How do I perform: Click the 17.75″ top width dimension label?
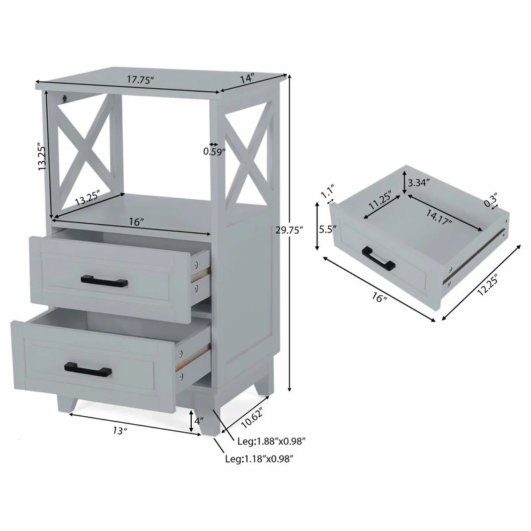pyautogui.click(x=141, y=80)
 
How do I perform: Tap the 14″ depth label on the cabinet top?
pyautogui.click(x=247, y=78)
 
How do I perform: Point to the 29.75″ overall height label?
pyautogui.click(x=289, y=230)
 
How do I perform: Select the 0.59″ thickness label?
pyautogui.click(x=214, y=151)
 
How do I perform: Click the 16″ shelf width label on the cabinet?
pyautogui.click(x=137, y=222)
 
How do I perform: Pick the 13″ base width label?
pyautogui.click(x=119, y=431)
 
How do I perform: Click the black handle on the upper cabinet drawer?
pyautogui.click(x=104, y=280)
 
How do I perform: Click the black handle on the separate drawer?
pyautogui.click(x=379, y=258)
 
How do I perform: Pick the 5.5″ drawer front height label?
pyautogui.click(x=327, y=231)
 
